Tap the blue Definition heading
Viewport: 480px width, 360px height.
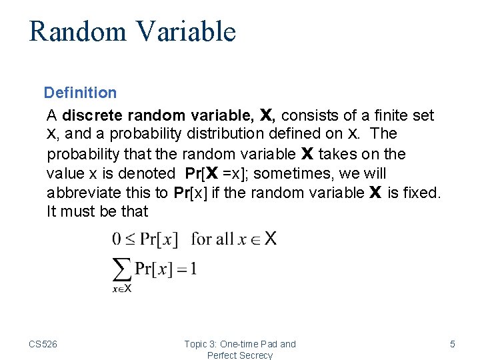(x=80, y=93)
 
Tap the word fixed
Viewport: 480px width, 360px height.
(x=423, y=193)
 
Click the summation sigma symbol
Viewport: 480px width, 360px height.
(x=121, y=271)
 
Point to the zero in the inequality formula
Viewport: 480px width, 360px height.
(x=117, y=239)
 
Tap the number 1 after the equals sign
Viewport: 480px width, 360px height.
(x=193, y=269)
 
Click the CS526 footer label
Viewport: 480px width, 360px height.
(x=43, y=344)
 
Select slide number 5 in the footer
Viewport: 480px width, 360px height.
(x=453, y=344)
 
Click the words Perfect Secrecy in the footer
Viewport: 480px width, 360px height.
(x=240, y=355)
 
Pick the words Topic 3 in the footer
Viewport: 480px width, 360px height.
(x=201, y=344)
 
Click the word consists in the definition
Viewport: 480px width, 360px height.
(x=307, y=115)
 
